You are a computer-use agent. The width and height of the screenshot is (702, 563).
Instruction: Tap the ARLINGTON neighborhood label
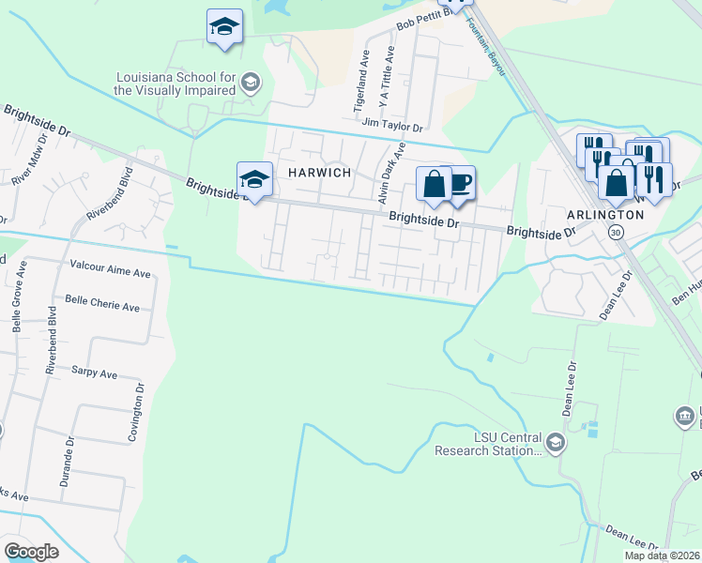pos(605,214)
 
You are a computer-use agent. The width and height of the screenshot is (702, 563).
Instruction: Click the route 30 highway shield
pos(615,232)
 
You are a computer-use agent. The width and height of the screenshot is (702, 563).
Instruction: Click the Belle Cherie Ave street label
pos(101,305)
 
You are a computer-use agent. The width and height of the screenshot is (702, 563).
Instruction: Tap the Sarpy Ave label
pos(94,373)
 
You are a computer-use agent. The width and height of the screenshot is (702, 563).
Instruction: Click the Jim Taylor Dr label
pos(392,126)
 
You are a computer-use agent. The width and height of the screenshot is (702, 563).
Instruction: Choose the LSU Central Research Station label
pos(488,444)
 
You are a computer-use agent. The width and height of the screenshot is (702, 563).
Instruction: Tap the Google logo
pos(32,552)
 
